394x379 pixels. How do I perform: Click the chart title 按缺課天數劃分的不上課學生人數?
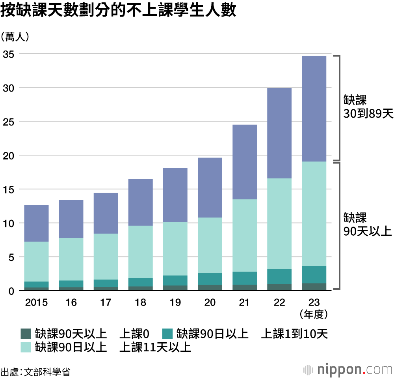point(118,11)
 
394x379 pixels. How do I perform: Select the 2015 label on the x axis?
point(36,303)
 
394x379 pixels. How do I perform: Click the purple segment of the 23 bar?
point(314,109)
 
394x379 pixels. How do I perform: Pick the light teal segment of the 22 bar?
point(279,223)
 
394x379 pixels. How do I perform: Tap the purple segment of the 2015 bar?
point(37,223)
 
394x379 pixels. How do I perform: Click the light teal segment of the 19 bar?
point(175,249)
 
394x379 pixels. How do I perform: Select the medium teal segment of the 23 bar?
point(314,274)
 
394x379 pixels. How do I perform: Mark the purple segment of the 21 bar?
point(245,162)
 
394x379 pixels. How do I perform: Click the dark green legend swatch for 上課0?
point(26,334)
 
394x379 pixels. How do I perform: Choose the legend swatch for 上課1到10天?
point(167,334)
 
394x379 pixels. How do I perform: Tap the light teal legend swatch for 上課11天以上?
point(26,347)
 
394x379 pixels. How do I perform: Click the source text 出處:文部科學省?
point(35,371)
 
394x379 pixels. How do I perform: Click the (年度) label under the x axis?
point(314,314)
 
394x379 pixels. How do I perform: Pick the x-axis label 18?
point(141,303)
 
